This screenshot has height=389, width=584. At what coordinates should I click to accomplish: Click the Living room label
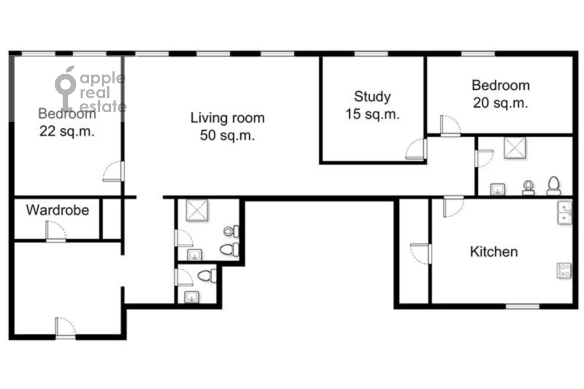pos(227,118)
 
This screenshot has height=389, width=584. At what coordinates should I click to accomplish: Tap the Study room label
pos(372,97)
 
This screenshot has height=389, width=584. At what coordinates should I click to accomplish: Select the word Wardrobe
pos(57,210)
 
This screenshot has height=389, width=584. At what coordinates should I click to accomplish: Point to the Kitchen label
pos(494,252)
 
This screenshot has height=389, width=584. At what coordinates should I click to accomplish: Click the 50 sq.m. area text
pos(227,135)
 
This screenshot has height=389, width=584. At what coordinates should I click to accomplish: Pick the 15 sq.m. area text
pos(373,114)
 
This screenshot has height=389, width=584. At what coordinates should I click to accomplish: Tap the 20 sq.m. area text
pos(501,103)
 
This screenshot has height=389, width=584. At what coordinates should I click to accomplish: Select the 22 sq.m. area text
pos(67,131)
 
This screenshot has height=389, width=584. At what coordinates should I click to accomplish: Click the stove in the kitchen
pos(564,270)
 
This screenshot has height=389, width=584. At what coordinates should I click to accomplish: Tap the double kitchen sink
pos(564,213)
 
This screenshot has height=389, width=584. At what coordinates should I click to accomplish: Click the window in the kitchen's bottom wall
pos(522,306)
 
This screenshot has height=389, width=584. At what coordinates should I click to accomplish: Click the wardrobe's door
pos(56,231)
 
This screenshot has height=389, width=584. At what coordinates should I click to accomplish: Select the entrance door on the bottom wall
pos(65,328)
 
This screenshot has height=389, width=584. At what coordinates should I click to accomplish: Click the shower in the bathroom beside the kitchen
pos(515,148)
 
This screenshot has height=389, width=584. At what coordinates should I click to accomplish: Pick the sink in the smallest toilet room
pos(192,297)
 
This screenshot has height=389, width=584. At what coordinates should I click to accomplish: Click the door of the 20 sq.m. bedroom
pos(450,126)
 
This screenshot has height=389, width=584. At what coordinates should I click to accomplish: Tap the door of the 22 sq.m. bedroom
pos(114,171)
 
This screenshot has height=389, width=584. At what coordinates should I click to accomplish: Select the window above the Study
pos(371,54)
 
